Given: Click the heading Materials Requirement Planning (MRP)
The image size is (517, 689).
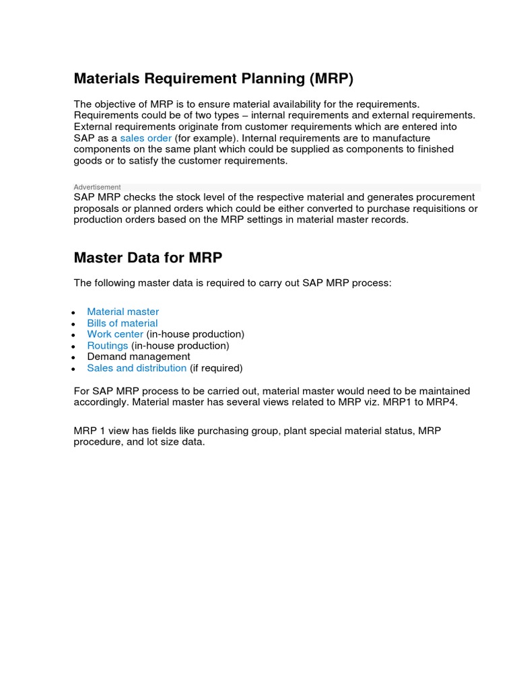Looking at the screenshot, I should tap(213, 79).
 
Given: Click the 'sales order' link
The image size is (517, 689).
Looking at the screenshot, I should tap(146, 138).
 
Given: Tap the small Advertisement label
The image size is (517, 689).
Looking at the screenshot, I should tap(98, 187).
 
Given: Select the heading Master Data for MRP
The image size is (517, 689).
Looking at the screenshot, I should tap(148, 258).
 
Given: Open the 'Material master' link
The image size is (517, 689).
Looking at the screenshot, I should tap(123, 312).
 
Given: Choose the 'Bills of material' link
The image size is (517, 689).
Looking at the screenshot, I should tap(123, 323).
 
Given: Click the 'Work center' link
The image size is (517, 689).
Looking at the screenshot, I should tap(115, 334).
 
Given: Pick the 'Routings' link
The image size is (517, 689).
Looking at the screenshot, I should tap(108, 346).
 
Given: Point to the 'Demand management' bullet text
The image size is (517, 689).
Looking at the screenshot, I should tap(139, 357).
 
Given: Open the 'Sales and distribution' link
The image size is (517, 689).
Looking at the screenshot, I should tap(137, 368).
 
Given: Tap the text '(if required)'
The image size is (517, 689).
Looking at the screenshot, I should tap(216, 368).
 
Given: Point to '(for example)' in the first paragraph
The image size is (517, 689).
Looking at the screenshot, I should tap(203, 138).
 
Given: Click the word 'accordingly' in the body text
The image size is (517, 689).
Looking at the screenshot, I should tap(101, 402).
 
